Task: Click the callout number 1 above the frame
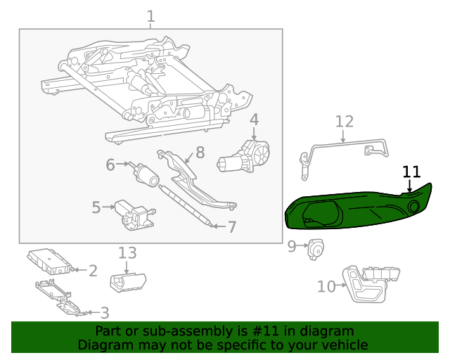point(150,16)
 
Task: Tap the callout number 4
point(254,120)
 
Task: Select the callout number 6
point(110,165)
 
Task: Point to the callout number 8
point(200,152)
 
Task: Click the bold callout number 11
point(411,172)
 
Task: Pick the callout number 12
point(344,122)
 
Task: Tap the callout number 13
point(127,253)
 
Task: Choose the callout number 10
point(326,286)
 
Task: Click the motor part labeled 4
point(243,157)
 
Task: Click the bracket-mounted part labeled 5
point(136,214)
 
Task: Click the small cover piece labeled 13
point(127,282)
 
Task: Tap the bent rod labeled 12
point(345,148)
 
